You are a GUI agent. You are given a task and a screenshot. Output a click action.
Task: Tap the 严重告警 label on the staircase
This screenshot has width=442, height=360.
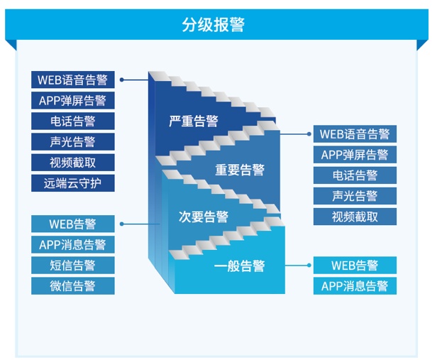tap(194, 121)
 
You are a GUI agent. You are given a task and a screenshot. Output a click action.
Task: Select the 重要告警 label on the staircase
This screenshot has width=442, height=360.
tap(240, 170)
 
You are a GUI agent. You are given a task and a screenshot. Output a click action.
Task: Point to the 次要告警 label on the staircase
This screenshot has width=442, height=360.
tap(204, 217)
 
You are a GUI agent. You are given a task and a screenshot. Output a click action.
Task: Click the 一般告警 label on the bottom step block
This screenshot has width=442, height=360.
tap(240, 266)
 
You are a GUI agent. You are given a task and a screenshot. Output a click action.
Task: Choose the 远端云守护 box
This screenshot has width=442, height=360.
tap(72, 183)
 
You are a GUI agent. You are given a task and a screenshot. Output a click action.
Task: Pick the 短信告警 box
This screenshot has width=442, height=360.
tap(72, 266)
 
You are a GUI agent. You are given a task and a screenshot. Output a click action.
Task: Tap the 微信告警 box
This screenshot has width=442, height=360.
tap(72, 286)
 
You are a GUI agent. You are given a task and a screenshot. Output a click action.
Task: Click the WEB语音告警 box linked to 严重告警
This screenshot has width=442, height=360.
tap(72, 80)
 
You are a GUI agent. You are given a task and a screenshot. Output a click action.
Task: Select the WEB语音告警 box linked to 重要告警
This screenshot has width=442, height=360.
tap(355, 133)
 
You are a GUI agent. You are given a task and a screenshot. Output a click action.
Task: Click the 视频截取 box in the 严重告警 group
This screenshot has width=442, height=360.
tap(72, 163)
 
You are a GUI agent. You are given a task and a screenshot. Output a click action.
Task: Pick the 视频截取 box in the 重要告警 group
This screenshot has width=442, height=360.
tap(355, 217)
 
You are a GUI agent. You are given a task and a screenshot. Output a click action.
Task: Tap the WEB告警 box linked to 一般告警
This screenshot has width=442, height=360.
tap(355, 266)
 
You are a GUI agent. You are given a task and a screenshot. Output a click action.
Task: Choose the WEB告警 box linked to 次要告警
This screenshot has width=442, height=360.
tap(72, 224)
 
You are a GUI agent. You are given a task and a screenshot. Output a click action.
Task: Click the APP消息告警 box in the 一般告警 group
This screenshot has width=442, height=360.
tap(355, 286)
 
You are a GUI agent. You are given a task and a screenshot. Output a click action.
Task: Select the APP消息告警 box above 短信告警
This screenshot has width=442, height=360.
tap(72, 245)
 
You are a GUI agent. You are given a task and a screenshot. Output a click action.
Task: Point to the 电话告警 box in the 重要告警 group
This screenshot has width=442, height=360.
tap(355, 175)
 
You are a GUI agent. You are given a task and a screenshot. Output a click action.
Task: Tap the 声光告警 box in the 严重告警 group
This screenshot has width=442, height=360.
tap(72, 142)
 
